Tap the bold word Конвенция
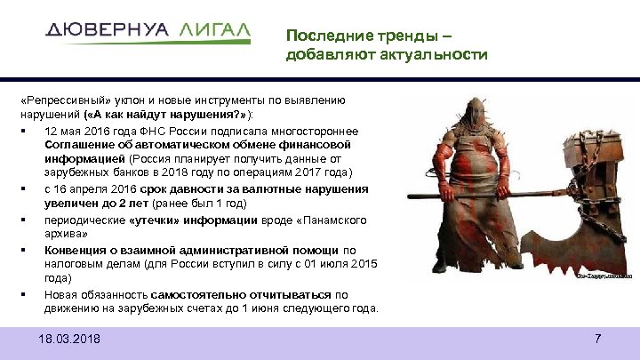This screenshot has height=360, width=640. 79,250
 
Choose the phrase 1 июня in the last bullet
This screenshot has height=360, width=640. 226,308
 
